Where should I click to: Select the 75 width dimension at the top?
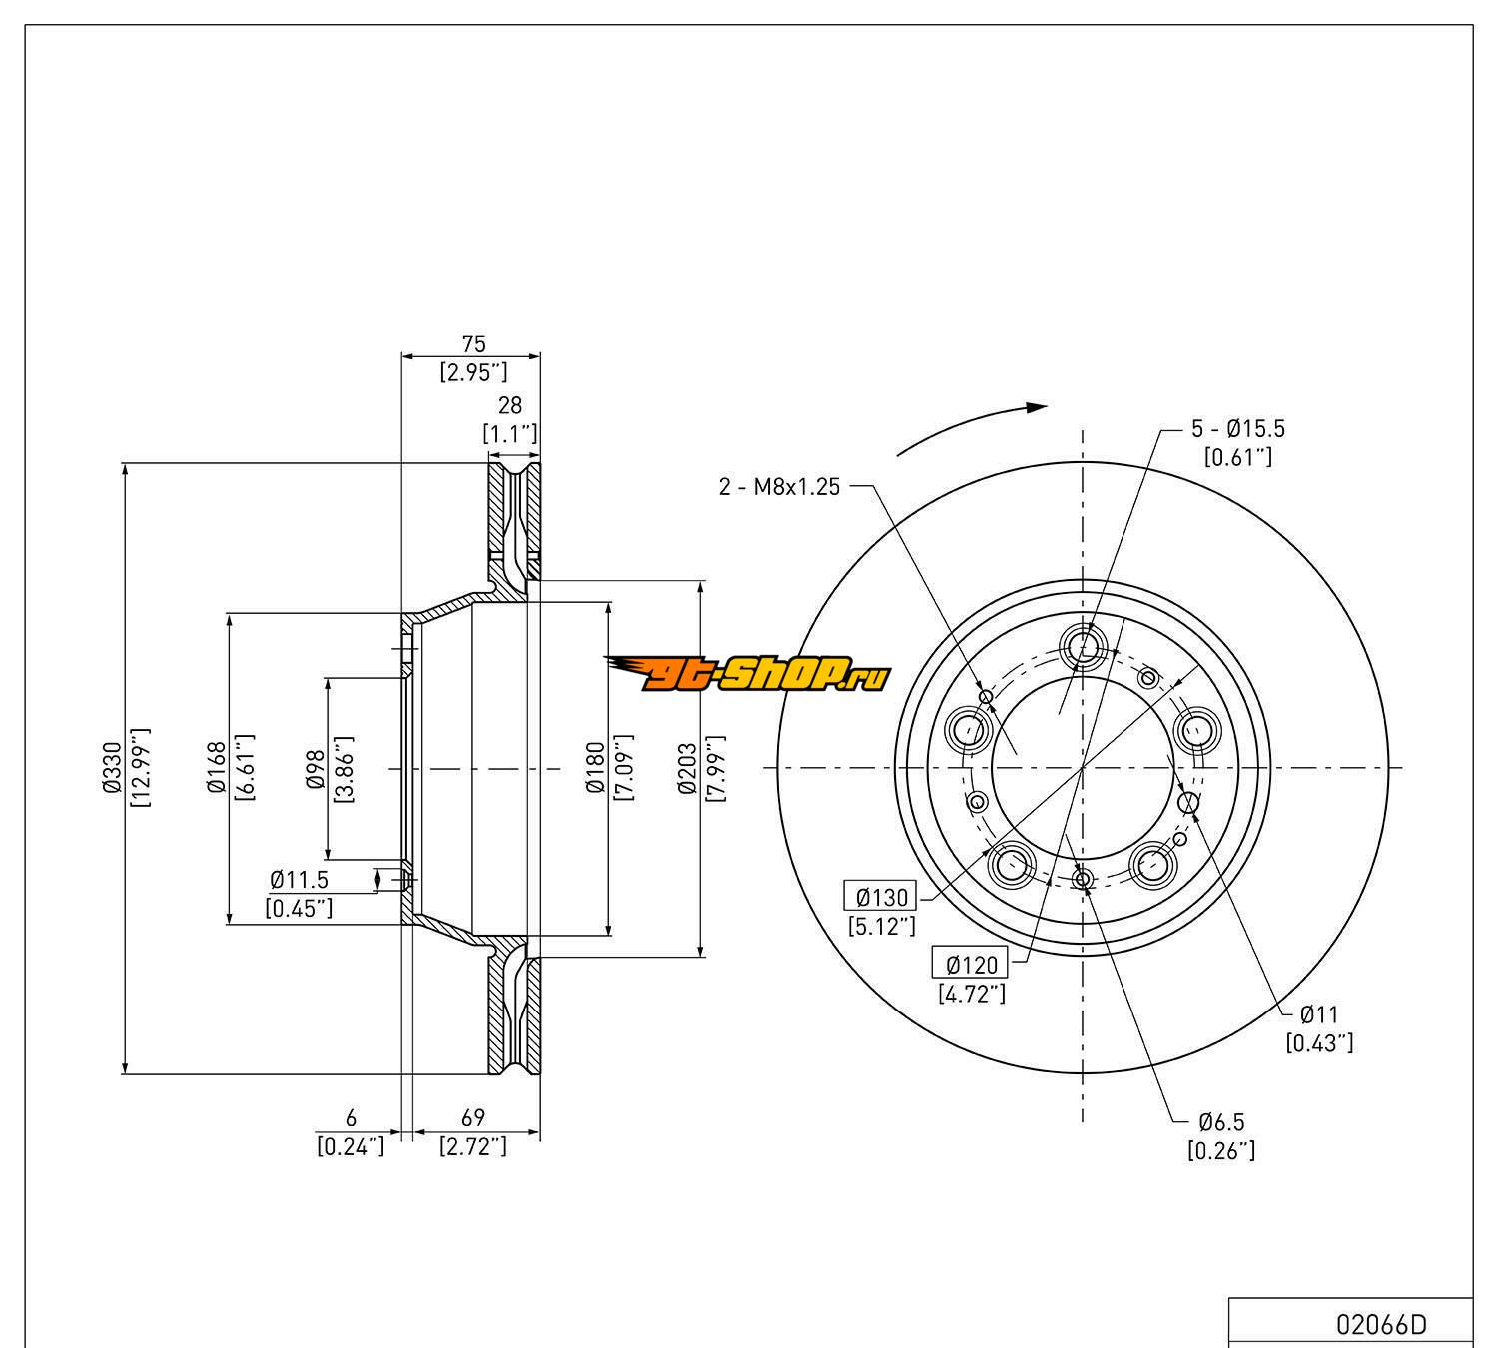pyautogui.click(x=473, y=344)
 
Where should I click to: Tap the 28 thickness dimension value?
pyautogui.click(x=510, y=406)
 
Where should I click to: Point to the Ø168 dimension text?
pyautogui.click(x=215, y=769)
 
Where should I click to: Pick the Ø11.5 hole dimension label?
pyautogui.click(x=299, y=881)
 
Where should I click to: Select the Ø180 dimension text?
pyautogui.click(x=595, y=769)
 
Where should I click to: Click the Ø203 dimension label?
pyautogui.click(x=687, y=769)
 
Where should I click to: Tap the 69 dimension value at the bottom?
pyautogui.click(x=473, y=1119)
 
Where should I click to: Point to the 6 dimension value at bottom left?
pyautogui.click(x=351, y=1119)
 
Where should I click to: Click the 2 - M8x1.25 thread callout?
pyautogui.click(x=779, y=487)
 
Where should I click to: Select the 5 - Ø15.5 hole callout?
pyautogui.click(x=1237, y=429)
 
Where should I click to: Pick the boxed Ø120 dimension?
pyautogui.click(x=971, y=965)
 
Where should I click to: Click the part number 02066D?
pyautogui.click(x=1381, y=1325)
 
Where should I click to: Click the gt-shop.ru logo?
pyautogui.click(x=747, y=676)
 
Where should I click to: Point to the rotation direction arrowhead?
pyautogui.click(x=1037, y=407)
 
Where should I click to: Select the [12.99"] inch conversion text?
pyautogui.click(x=139, y=769)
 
